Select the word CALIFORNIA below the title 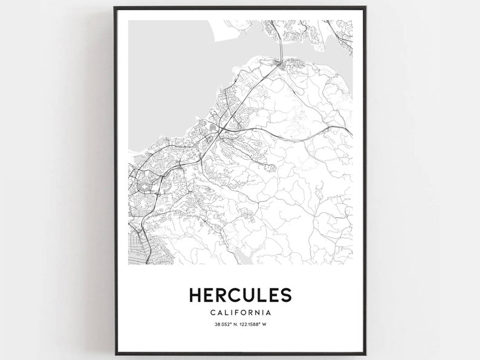point(239,313)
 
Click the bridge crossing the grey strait point(281,45)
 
